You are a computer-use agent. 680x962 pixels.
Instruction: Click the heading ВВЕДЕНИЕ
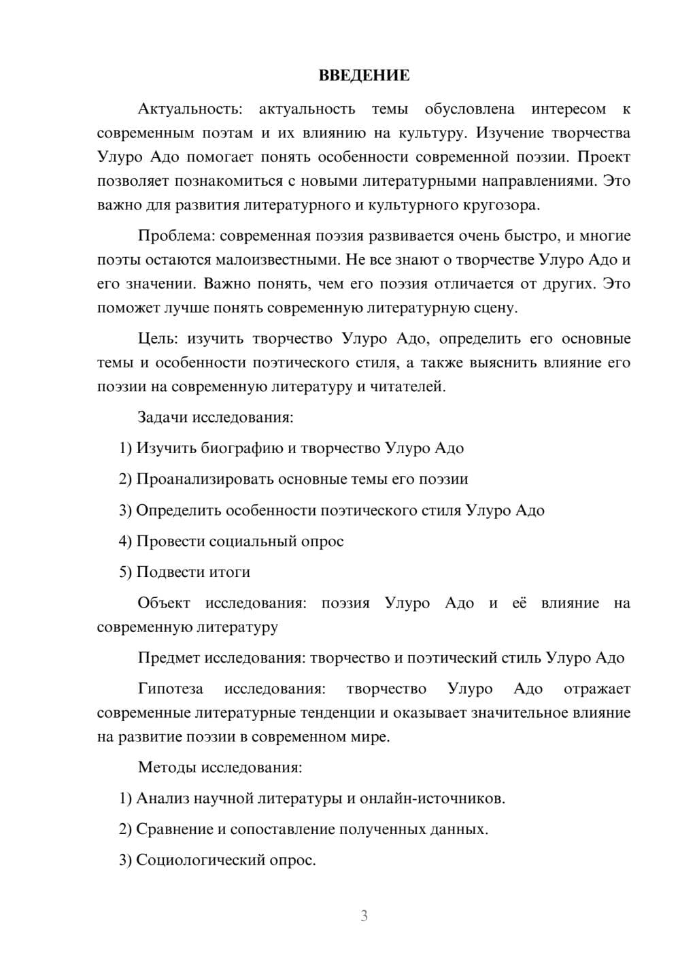coord(364,76)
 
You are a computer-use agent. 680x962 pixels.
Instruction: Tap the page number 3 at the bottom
coord(364,916)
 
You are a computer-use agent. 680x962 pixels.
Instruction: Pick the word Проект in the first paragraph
coord(604,157)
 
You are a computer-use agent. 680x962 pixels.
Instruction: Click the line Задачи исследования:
coord(216,417)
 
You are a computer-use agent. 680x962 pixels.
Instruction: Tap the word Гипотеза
coord(171,689)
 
